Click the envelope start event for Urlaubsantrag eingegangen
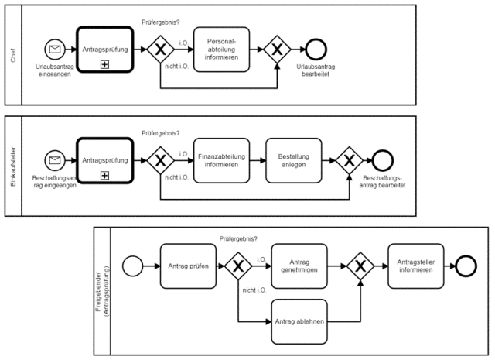click(x=55, y=50)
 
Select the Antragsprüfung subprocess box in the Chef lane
click(x=105, y=50)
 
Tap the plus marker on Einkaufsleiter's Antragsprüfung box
click(x=104, y=176)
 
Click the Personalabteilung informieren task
click(x=221, y=50)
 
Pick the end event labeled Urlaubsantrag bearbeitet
click(x=316, y=50)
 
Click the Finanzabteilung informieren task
click(x=221, y=160)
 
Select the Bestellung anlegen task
click(x=294, y=160)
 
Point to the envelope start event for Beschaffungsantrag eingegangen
click(x=55, y=160)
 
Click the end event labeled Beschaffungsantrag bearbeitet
click(x=383, y=160)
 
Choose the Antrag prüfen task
click(x=188, y=266)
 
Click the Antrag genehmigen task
click(x=299, y=266)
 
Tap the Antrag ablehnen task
click(x=299, y=322)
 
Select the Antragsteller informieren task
click(x=416, y=266)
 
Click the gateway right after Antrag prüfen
click(x=238, y=266)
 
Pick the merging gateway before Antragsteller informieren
click(x=360, y=266)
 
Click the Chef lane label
click(x=13, y=55)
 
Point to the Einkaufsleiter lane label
click(x=13, y=166)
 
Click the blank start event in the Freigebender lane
click(x=132, y=266)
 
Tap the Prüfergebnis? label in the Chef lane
click(x=160, y=22)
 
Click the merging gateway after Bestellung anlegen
click(x=349, y=160)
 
